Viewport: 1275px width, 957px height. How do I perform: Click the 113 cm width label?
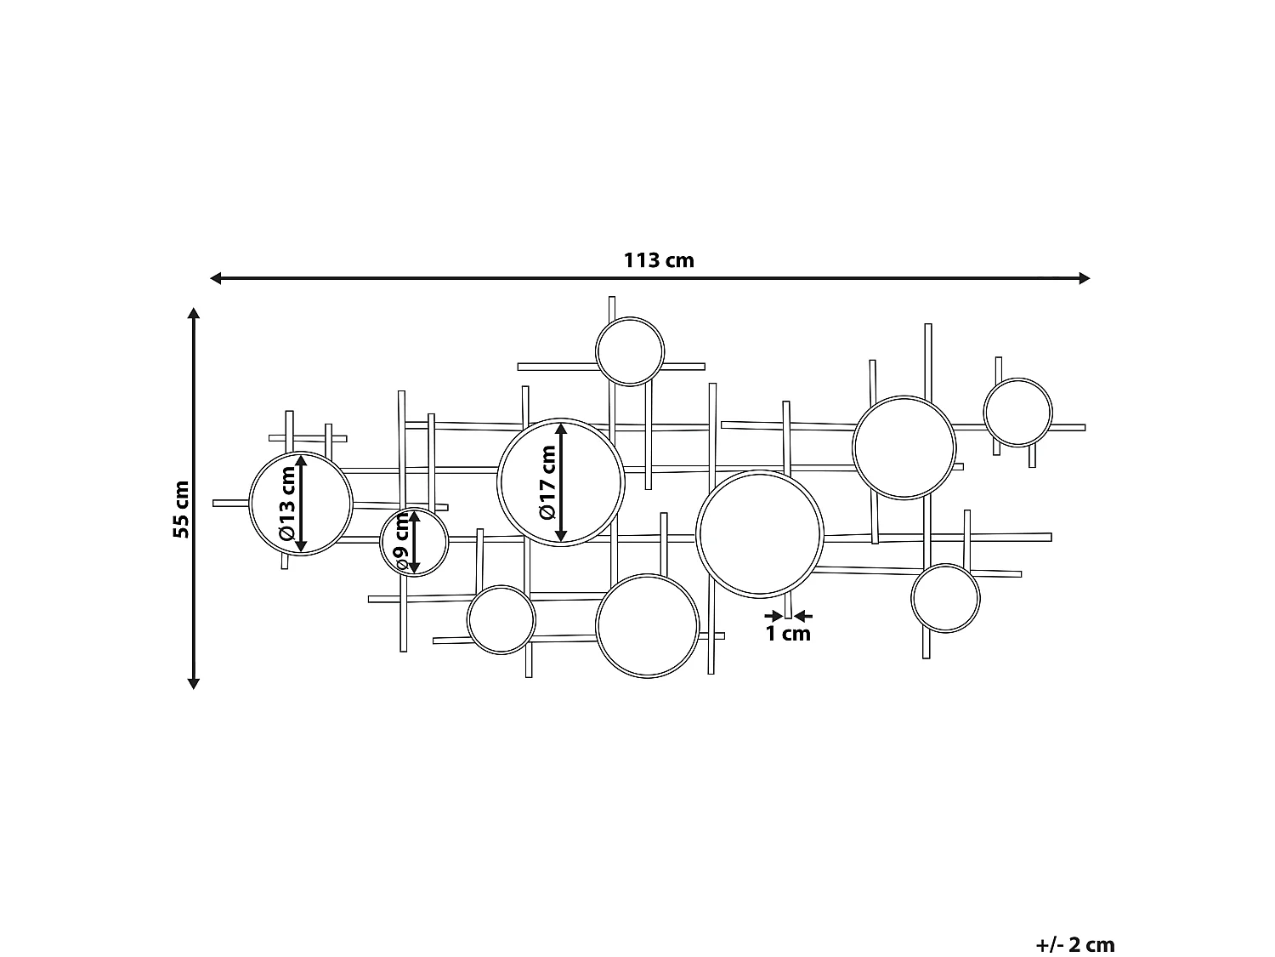659,260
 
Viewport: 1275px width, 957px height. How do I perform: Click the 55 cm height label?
181,509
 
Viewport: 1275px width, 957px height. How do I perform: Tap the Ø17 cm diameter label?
547,482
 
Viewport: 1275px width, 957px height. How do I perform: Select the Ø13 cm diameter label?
286,504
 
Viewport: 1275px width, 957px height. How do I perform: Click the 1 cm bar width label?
788,634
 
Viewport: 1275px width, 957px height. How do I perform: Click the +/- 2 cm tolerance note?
1075,921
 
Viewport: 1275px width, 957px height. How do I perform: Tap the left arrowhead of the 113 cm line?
216,278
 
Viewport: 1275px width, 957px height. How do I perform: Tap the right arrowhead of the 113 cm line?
1084,278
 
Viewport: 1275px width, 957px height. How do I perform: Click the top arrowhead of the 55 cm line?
194,314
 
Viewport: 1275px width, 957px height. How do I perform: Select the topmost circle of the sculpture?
630,351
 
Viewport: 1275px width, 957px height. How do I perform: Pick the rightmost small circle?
1017,412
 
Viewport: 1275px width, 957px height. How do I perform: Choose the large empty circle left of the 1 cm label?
759,533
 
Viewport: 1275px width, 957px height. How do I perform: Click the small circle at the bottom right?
945,597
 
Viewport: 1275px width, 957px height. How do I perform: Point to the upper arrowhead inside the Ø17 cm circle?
561,429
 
